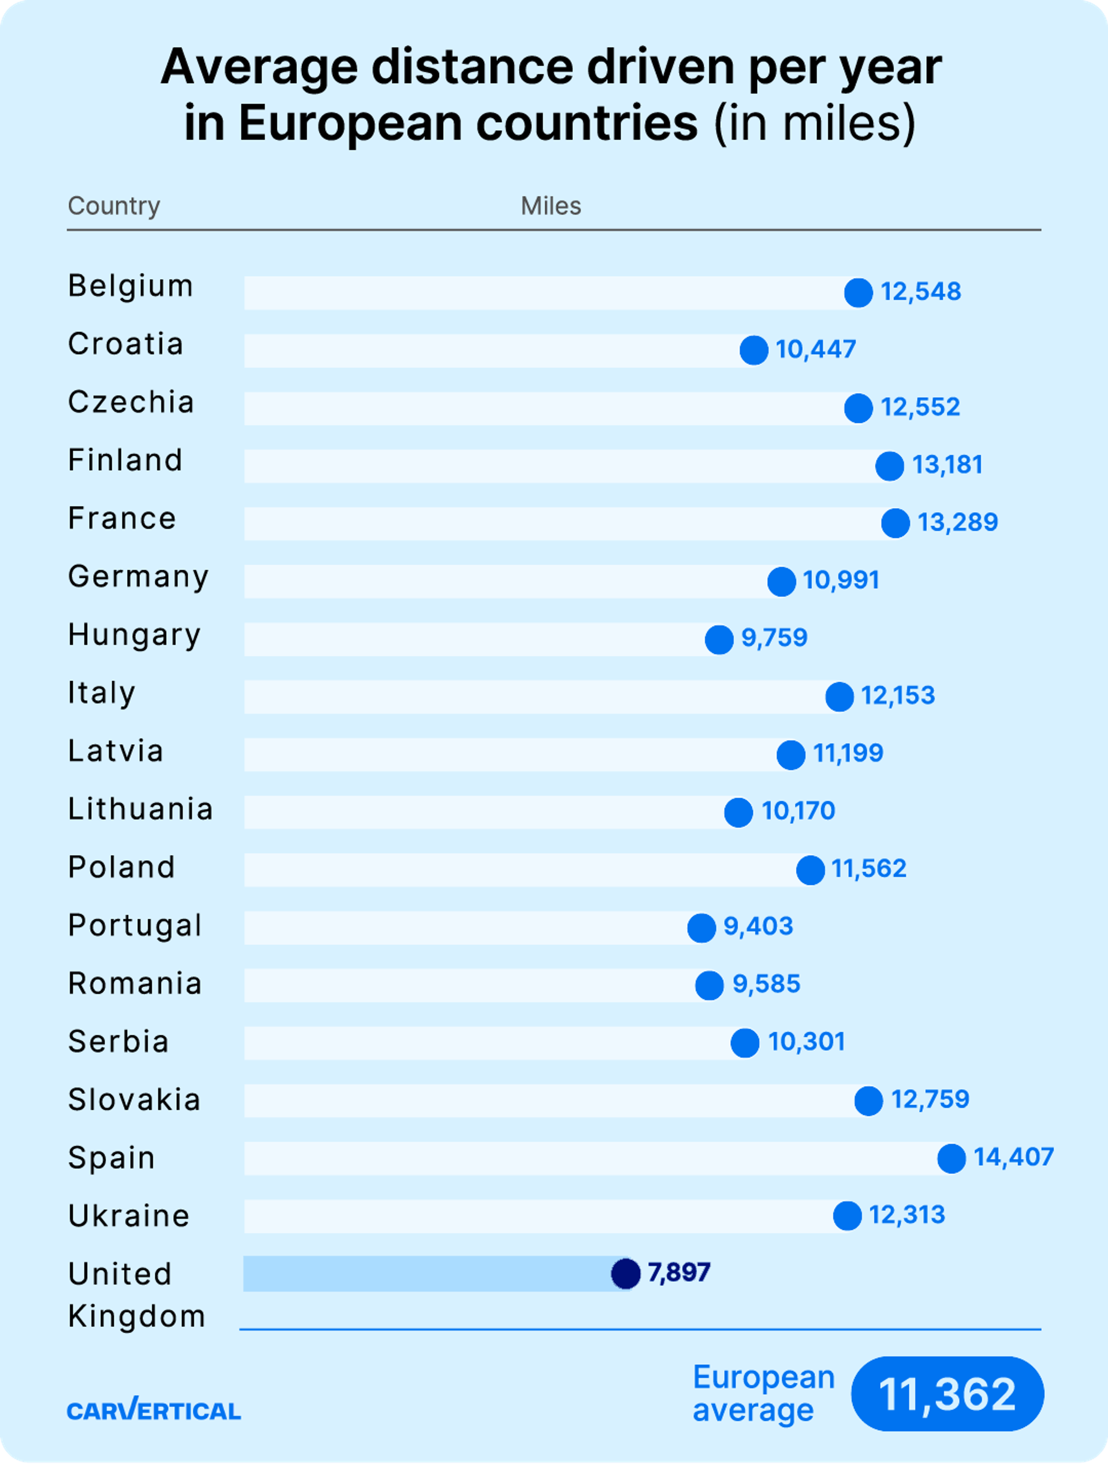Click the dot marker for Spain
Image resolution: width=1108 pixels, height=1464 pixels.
951,1158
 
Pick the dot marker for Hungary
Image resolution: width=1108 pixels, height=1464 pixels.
719,639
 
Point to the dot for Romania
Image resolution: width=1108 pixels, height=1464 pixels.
709,986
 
